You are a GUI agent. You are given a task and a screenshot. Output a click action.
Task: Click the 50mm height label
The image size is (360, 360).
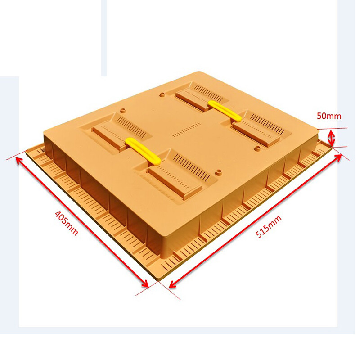pos(328,116)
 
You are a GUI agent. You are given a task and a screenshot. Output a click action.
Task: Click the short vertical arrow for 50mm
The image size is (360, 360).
pos(332,138)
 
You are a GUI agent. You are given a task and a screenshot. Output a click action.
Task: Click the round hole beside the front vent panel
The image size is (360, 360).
pos(219,172)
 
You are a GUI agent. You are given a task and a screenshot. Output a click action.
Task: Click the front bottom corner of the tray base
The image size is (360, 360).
pos(159,282)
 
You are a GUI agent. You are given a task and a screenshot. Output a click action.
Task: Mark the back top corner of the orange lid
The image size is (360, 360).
pos(197,72)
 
